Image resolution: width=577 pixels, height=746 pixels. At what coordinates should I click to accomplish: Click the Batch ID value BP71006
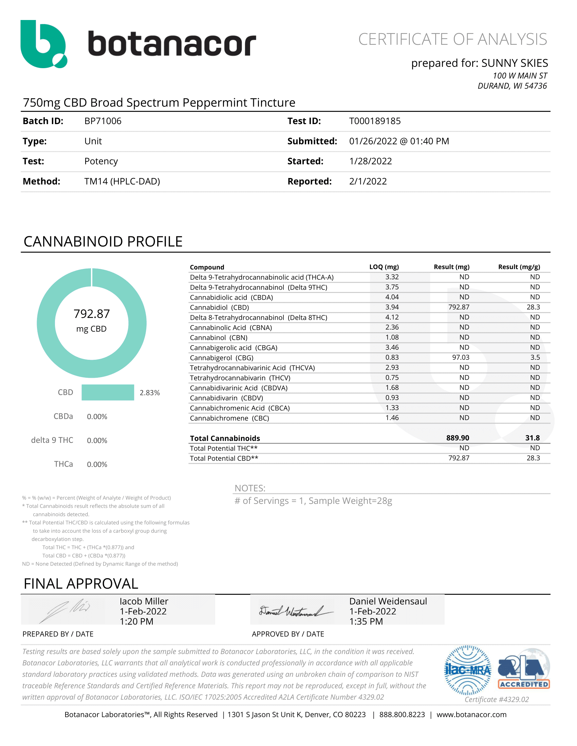pyautogui.click(x=103, y=121)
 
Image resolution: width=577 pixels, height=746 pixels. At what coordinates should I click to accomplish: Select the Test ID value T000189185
pyautogui.click(x=375, y=121)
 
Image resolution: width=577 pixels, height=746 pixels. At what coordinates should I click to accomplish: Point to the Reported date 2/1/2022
pyautogui.click(x=368, y=181)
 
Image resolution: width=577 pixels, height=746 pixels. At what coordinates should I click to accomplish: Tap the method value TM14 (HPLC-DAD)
pyautogui.click(x=122, y=181)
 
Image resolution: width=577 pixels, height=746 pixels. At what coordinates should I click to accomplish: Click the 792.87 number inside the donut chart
pyautogui.click(x=92, y=314)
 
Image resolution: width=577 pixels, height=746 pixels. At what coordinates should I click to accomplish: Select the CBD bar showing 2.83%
pyautogui.click(x=108, y=392)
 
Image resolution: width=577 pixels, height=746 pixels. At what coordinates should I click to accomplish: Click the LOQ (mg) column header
pyautogui.click(x=384, y=267)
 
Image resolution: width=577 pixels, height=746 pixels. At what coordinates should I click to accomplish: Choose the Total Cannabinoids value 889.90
pyautogui.click(x=458, y=438)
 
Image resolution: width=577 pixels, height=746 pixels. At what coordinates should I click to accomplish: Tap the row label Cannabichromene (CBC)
pyautogui.click(x=229, y=418)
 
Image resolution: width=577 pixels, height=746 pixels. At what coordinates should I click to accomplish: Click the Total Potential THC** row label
pyautogui.click(x=224, y=448)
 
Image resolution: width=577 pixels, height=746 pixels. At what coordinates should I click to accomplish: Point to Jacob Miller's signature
pyautogui.click(x=65, y=611)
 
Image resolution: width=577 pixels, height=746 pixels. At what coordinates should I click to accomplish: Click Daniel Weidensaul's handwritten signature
pyautogui.click(x=296, y=611)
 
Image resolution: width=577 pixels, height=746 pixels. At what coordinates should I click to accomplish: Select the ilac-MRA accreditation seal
pyautogui.click(x=467, y=670)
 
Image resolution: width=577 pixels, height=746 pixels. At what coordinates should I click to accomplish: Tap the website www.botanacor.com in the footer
pyautogui.click(x=471, y=715)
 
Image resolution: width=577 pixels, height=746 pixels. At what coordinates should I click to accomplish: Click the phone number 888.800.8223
pyautogui.click(x=402, y=715)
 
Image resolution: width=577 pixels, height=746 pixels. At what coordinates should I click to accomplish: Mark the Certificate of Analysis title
pyautogui.click(x=452, y=39)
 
